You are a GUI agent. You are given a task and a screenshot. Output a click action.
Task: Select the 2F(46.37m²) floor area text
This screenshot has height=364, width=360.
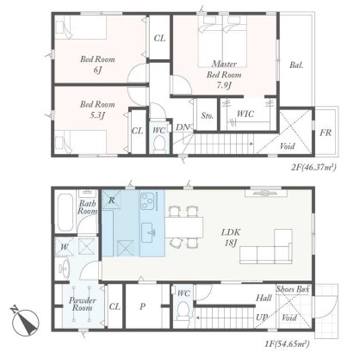click(x=313, y=167)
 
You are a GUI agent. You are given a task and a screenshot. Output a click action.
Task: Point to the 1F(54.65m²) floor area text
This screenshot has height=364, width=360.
click(x=287, y=343)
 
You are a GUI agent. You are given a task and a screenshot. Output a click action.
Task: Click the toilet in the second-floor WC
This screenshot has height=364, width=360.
click(x=158, y=144)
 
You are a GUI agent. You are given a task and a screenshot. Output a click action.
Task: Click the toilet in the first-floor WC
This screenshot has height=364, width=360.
click(x=183, y=311)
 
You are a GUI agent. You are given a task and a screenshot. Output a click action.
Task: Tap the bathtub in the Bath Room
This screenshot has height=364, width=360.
click(x=65, y=213)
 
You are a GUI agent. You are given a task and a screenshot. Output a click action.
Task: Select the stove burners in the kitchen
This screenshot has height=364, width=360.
click(x=148, y=201)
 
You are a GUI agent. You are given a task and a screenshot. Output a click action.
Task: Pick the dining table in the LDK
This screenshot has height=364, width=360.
click(x=184, y=227)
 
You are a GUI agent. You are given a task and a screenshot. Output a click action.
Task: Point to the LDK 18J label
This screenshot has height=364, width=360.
click(x=231, y=238)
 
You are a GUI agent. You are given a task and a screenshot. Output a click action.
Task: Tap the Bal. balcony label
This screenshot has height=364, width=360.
click(x=296, y=65)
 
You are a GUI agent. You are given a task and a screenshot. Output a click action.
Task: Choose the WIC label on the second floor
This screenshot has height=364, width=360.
click(x=245, y=114)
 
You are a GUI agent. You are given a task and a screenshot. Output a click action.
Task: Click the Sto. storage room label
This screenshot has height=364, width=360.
click(x=207, y=115)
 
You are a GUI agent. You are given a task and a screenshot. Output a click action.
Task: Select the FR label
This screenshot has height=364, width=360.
click(x=326, y=133)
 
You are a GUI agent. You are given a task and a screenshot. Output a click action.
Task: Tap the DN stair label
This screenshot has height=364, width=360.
click(x=183, y=127)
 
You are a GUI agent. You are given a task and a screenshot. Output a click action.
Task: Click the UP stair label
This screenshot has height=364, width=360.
click(x=262, y=318)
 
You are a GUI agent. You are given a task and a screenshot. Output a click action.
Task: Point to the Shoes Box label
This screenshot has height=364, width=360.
click(x=293, y=289)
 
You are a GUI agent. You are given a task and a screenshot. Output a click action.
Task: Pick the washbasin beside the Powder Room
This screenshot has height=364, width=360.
click(x=64, y=268)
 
